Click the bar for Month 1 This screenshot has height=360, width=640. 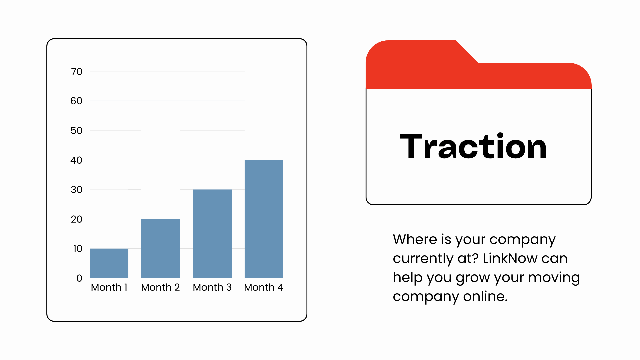[109, 263]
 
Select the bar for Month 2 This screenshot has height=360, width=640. [161, 248]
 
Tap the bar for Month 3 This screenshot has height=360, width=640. [212, 234]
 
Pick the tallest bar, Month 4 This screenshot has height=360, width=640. [264, 219]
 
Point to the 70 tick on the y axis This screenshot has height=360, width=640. [77, 72]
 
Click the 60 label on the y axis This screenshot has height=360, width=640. [76, 101]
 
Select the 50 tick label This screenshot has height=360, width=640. [76, 131]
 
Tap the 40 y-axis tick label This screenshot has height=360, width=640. [76, 160]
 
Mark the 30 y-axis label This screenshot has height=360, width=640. [77, 190]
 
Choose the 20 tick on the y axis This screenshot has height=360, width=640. [77, 219]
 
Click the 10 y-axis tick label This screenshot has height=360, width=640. [78, 249]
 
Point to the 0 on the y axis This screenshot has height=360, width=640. [79, 278]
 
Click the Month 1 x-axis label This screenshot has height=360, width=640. [109, 287]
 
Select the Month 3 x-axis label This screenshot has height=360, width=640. [212, 287]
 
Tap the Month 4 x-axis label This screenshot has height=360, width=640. [264, 287]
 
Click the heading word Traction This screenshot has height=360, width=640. [473, 146]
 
